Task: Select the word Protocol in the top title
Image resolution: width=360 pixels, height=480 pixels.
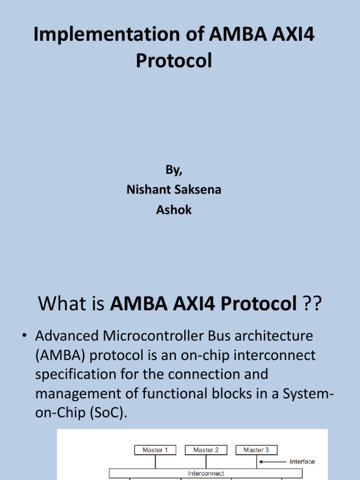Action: pyautogui.click(x=174, y=61)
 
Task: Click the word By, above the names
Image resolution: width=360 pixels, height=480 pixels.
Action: pyautogui.click(x=174, y=170)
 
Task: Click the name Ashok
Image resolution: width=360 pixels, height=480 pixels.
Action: pyautogui.click(x=174, y=210)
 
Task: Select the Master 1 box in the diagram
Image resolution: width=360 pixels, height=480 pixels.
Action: pyautogui.click(x=155, y=450)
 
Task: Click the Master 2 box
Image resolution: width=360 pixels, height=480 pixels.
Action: pyautogui.click(x=206, y=450)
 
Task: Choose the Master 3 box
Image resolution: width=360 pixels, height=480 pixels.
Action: pyautogui.click(x=256, y=450)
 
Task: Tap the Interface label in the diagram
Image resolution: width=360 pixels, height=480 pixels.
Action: pyautogui.click(x=302, y=462)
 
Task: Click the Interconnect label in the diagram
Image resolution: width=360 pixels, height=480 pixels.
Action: pyautogui.click(x=206, y=473)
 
